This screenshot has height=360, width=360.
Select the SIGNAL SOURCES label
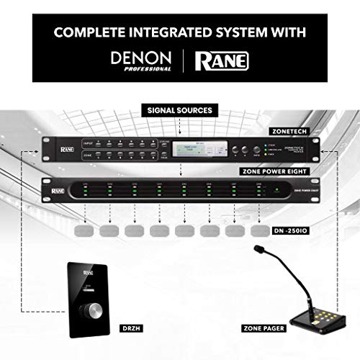(x=179, y=110)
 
